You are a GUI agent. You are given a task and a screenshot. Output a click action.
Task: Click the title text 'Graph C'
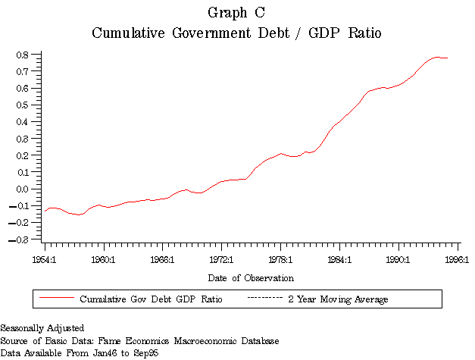point(236,13)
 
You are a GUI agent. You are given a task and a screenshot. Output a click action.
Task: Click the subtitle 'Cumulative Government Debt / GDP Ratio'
point(236,33)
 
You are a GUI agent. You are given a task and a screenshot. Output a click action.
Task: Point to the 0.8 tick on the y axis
point(23,55)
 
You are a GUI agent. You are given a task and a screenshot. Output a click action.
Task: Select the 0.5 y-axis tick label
point(23,105)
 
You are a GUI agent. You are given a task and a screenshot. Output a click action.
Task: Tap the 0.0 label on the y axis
point(23,189)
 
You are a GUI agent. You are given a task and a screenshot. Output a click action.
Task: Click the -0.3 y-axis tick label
point(21,239)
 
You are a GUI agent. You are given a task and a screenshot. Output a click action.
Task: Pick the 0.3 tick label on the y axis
point(23,139)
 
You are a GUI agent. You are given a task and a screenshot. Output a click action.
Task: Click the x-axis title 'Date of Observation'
point(252,278)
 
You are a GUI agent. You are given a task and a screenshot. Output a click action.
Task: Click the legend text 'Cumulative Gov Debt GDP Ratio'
point(152,299)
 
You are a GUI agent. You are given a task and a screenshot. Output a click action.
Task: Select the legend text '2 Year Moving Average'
point(338,299)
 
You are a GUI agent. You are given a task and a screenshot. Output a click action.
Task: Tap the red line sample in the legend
point(55,299)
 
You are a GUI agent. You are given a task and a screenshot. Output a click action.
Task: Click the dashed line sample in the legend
point(264,299)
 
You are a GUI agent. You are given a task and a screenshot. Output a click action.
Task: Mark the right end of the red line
point(448,58)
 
